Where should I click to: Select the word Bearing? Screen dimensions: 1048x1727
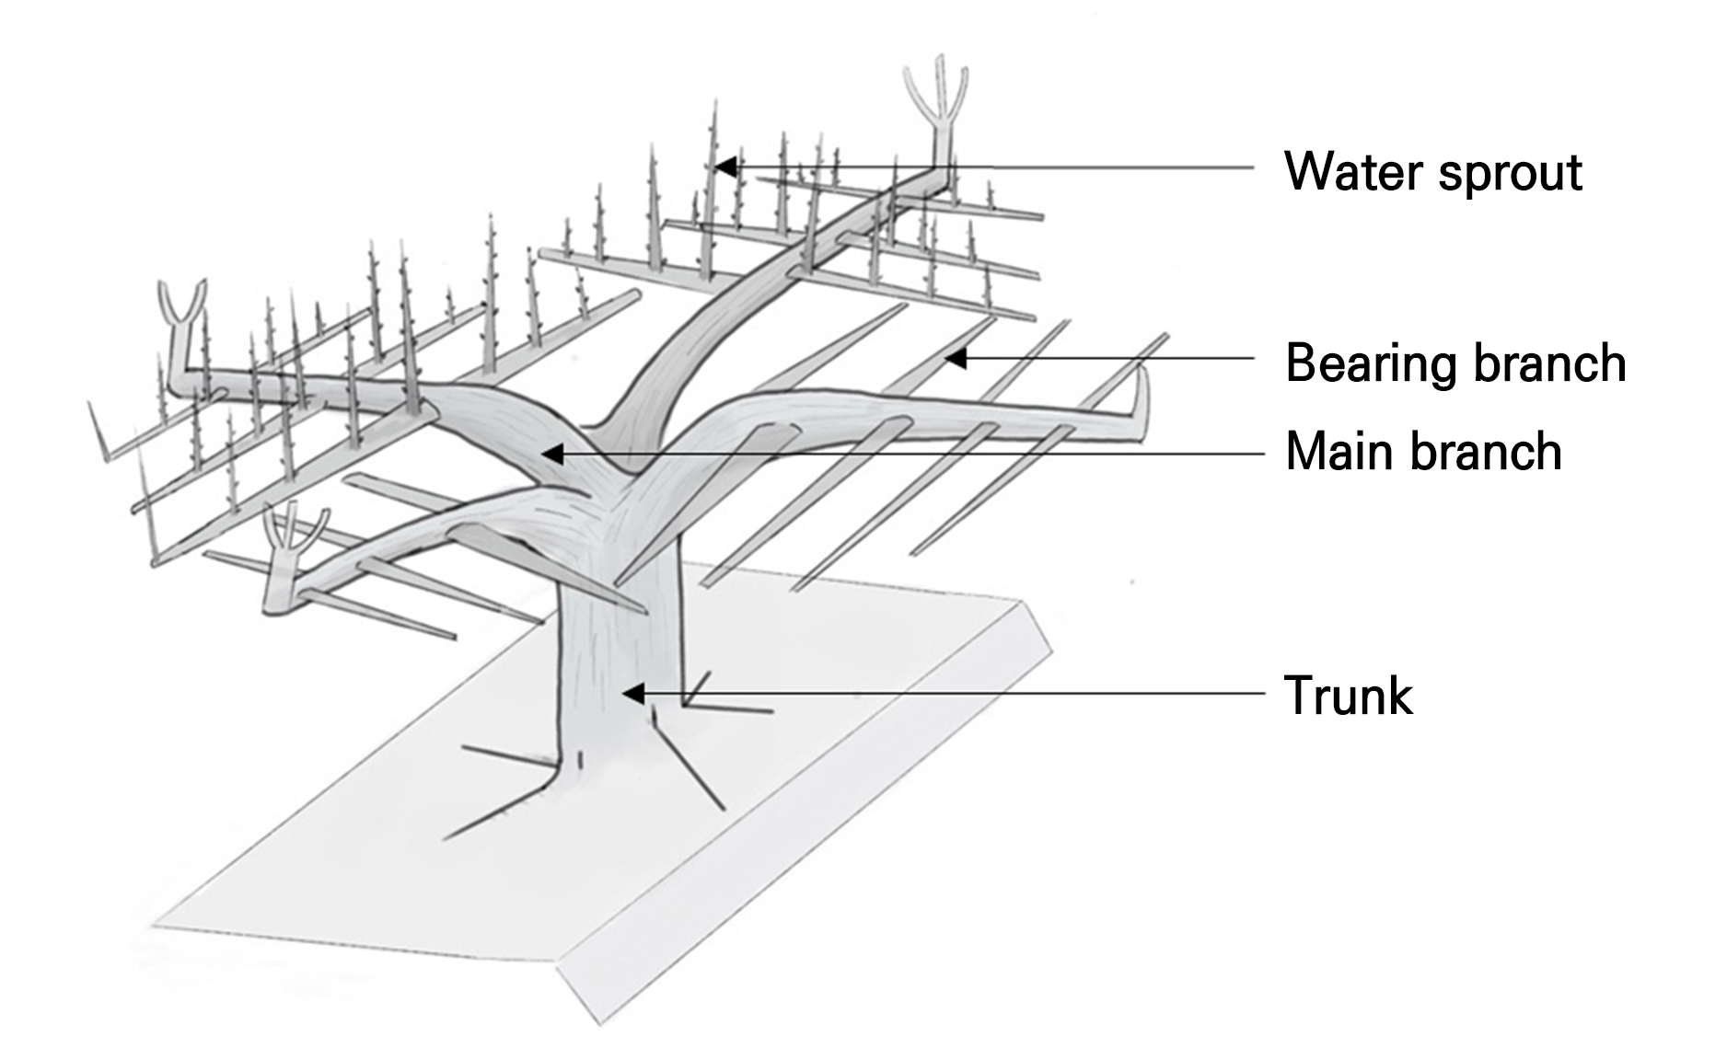(1372, 364)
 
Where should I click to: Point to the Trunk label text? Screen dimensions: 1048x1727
(1348, 696)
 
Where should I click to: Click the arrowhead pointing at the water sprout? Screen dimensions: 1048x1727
(726, 167)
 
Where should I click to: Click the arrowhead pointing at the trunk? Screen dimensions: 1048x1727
(632, 693)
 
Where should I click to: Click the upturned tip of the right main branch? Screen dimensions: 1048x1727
(1142, 400)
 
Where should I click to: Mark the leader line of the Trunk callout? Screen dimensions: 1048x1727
(957, 694)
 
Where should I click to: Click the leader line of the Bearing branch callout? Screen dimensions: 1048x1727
(1105, 358)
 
